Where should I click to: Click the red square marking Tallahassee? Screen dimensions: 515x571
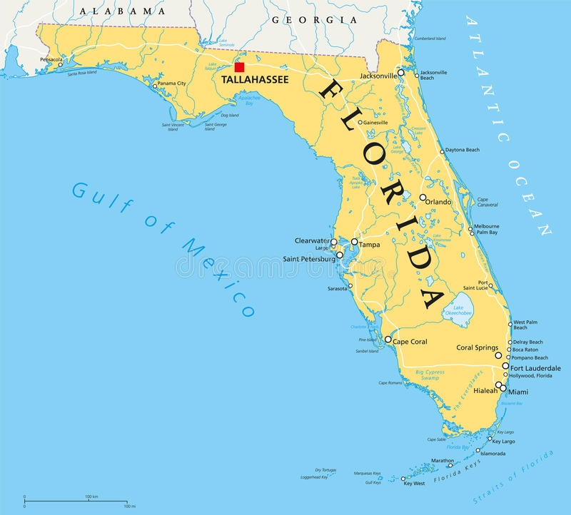coord(240,67)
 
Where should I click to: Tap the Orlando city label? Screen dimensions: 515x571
coord(438,202)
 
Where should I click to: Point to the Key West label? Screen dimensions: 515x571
coord(414,484)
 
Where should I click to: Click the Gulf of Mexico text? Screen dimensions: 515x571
coord(164,246)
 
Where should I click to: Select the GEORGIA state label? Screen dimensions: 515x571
coord(314,21)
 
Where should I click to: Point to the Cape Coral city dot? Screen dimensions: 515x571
coord(388,340)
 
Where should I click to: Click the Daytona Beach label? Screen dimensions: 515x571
coord(463,151)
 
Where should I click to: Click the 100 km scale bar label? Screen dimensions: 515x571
coord(91,496)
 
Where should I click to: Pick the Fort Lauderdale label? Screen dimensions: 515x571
coord(536,368)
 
